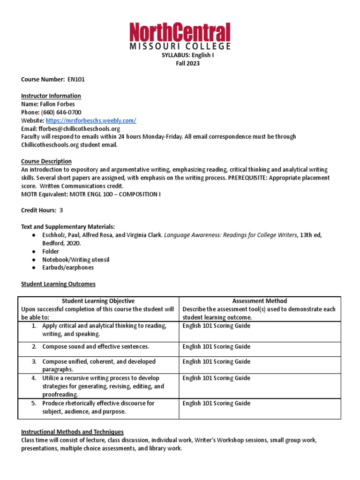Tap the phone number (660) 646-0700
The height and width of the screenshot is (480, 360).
click(x=61, y=112)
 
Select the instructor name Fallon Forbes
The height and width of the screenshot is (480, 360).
click(x=57, y=104)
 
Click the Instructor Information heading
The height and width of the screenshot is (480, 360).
click(x=51, y=96)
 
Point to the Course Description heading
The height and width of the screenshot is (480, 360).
click(x=46, y=161)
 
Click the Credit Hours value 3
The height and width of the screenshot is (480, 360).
click(x=61, y=210)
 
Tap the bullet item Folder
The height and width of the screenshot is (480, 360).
click(x=51, y=252)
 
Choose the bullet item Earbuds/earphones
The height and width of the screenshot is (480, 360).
click(x=68, y=268)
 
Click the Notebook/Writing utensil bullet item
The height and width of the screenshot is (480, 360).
click(x=75, y=260)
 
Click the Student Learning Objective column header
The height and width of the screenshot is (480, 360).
click(x=98, y=301)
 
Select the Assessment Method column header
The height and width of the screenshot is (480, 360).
click(x=260, y=301)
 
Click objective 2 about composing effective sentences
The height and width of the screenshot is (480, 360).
click(x=96, y=347)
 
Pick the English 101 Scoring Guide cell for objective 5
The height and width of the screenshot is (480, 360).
click(x=216, y=403)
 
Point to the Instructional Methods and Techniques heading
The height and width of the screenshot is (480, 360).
click(x=72, y=432)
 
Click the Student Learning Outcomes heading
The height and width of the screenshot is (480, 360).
click(x=58, y=284)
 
